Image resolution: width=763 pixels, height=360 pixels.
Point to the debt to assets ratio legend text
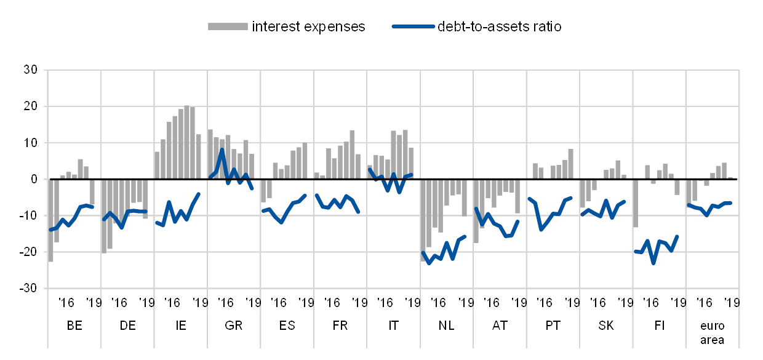499,26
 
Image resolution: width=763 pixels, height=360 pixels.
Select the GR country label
233,326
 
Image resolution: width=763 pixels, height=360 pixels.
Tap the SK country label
605,326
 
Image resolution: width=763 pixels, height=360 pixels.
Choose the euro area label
711,333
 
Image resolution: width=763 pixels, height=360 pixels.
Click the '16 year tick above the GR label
226,302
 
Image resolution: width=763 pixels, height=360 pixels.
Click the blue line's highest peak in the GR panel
222,150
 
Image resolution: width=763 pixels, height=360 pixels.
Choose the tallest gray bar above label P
570,164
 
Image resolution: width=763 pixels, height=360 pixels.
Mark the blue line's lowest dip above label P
541,229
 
